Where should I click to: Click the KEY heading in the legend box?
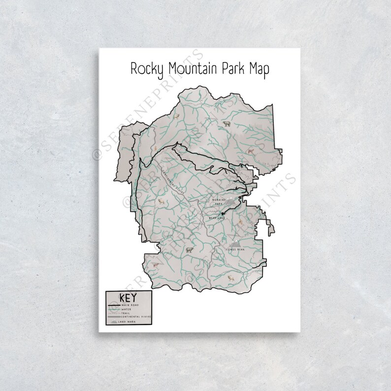[x=128, y=298]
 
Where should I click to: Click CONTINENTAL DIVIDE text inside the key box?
[x=135, y=317]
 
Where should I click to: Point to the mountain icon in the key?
[x=113, y=321]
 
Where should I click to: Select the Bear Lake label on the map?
[x=215, y=216]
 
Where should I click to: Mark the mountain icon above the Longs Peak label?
[x=237, y=242]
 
